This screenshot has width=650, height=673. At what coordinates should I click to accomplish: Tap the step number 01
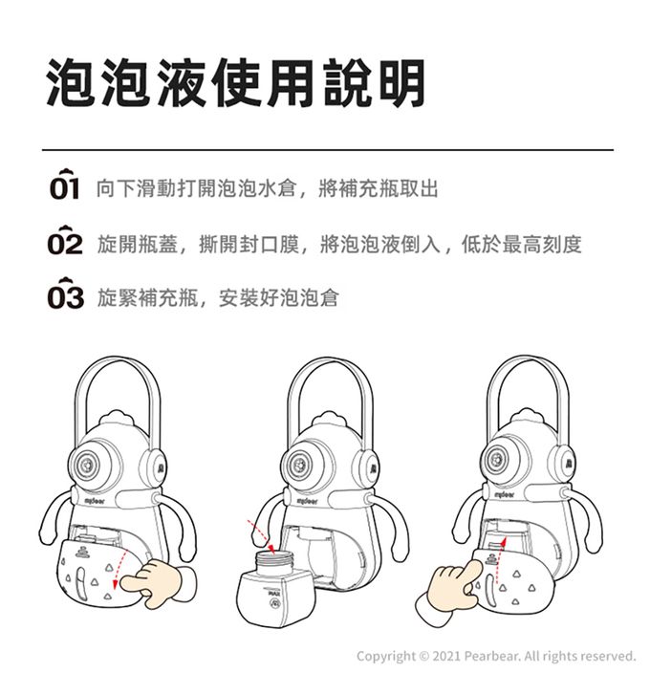(66, 188)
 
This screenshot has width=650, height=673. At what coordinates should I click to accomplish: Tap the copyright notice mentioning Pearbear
(495, 656)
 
